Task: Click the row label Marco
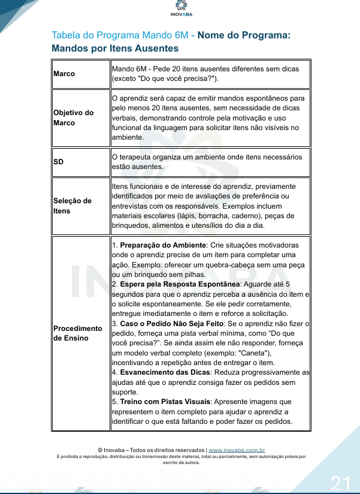(64, 74)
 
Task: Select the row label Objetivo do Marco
(74, 118)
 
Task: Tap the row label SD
(59, 161)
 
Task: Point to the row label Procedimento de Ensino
(78, 333)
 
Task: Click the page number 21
(340, 483)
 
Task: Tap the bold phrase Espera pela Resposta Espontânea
(183, 284)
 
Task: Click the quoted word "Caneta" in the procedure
(245, 353)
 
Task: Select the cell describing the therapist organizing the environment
(210, 161)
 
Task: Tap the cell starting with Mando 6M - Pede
(210, 74)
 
